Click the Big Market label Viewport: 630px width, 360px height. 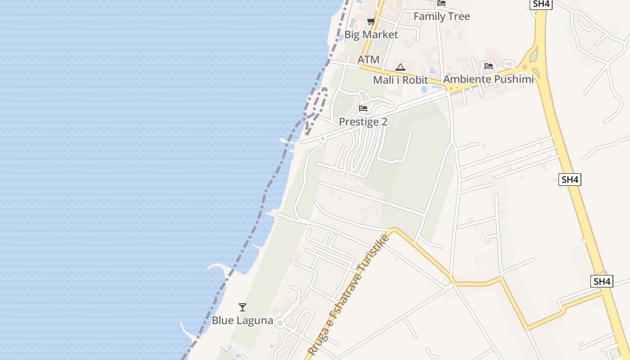coord(371,35)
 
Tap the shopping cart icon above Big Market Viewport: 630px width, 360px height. coord(371,21)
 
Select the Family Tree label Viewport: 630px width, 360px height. coord(441,17)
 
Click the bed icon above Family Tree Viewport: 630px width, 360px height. coord(441,3)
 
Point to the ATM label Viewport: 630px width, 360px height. coord(369,59)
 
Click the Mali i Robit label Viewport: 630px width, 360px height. coord(400,80)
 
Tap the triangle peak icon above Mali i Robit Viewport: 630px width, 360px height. coord(400,67)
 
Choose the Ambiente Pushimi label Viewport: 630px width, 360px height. coord(488,79)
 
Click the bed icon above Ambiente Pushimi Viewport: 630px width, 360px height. coord(489,66)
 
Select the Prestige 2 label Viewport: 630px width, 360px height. coord(363,121)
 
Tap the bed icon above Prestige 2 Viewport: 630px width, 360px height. coord(363,108)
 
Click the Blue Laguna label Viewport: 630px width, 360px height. coord(243,320)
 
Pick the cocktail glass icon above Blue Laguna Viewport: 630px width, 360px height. coord(243,307)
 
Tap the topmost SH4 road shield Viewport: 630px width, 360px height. coord(540,4)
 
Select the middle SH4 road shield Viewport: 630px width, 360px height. coord(570,180)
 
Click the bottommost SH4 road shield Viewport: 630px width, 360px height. coord(602,281)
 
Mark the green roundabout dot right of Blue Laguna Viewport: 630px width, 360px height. coord(280,323)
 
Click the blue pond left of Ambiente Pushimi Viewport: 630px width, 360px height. coord(424,89)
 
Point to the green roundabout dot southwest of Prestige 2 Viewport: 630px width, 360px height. coord(323,139)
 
